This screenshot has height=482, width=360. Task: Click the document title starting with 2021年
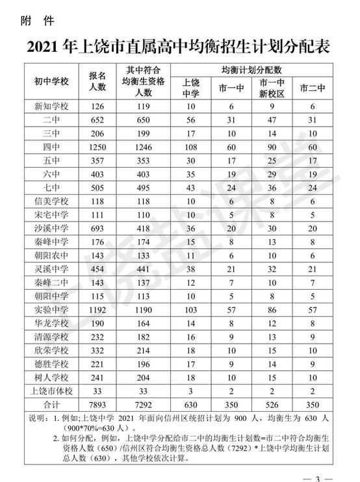[180, 47]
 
